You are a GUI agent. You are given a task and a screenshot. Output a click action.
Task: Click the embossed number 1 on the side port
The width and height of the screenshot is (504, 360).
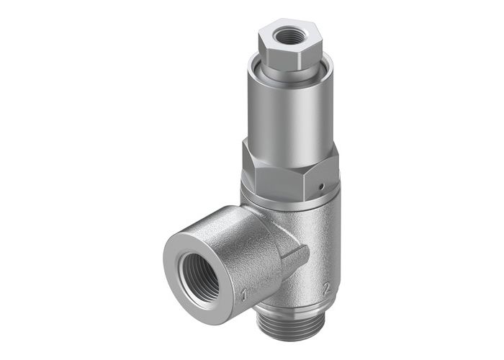tap(243, 294)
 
